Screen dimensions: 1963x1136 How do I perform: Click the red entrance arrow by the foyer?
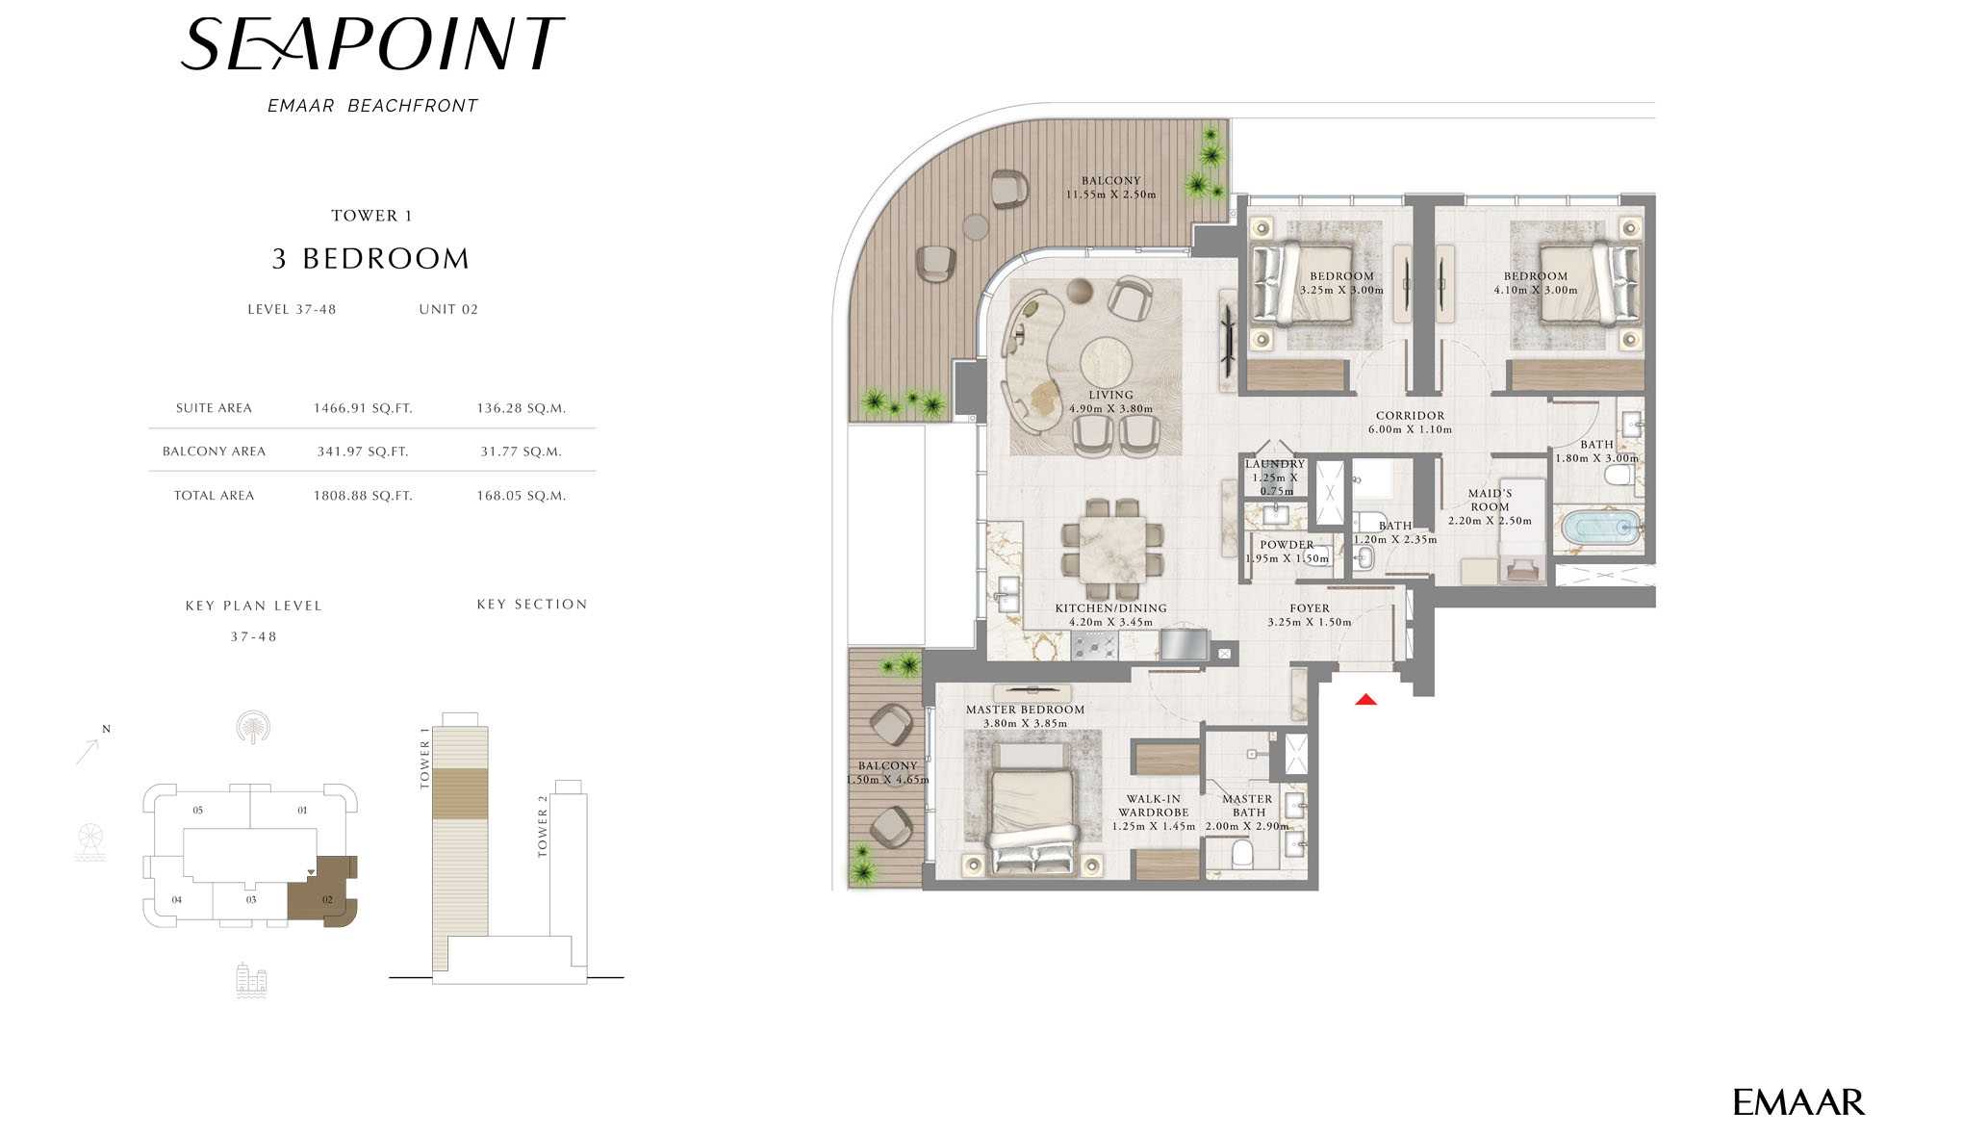[1365, 699]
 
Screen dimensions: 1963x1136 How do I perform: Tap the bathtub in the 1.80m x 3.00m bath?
[1599, 528]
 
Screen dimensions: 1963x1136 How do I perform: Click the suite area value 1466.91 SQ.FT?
[363, 408]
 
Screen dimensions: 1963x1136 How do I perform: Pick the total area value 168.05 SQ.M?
[522, 496]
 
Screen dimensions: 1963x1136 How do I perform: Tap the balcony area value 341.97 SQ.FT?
[363, 452]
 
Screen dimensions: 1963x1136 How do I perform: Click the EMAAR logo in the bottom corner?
[1798, 1102]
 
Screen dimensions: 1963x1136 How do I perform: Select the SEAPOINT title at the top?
[372, 44]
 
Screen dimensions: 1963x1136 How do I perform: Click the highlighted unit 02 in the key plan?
[324, 891]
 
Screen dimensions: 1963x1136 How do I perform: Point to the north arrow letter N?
[106, 729]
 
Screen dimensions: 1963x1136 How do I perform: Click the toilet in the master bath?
[1241, 854]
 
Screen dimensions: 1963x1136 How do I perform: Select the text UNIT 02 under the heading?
[448, 309]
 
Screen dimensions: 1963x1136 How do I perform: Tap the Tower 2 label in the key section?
[543, 826]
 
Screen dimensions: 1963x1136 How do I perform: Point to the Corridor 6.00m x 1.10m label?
[1410, 423]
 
